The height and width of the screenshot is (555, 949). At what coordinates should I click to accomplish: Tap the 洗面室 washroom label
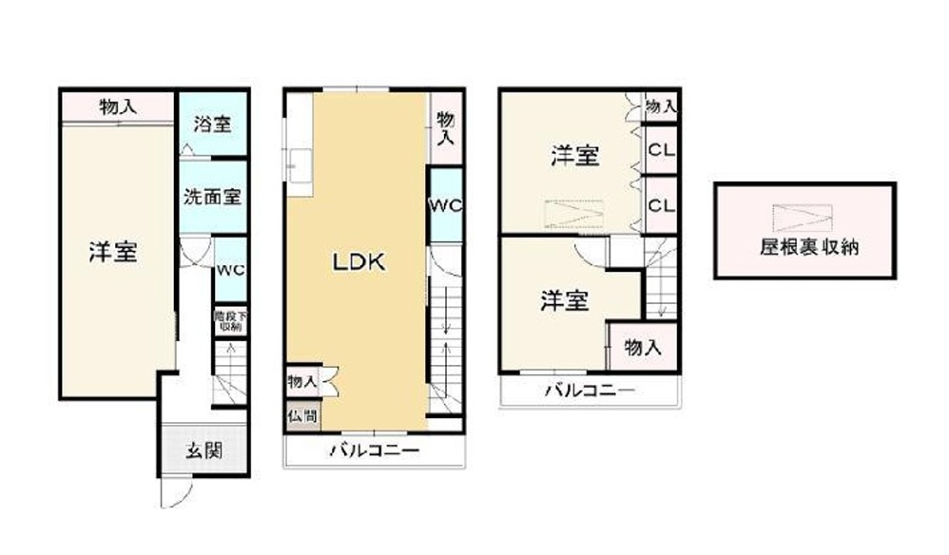tap(212, 198)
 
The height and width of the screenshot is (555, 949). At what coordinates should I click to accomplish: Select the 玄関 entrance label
tap(204, 450)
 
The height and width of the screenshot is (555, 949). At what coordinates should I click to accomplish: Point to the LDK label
tap(358, 262)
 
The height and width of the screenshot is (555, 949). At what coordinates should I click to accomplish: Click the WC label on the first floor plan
tap(229, 269)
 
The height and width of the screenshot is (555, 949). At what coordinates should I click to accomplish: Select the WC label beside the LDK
tap(444, 206)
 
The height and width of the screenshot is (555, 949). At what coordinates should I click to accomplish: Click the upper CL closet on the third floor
tap(662, 150)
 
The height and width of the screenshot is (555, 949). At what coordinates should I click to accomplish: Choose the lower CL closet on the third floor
tap(662, 204)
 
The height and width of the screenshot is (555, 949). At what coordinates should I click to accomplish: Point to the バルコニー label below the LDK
tap(374, 450)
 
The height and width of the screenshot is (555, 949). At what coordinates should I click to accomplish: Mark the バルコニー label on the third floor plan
tap(590, 390)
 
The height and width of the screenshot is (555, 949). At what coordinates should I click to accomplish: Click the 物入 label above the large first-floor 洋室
tap(118, 106)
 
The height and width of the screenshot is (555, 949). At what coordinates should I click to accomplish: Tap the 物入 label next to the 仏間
tap(301, 381)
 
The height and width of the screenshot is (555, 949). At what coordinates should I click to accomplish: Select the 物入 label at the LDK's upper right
tap(445, 126)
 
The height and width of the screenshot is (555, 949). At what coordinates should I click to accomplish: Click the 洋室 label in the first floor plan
tap(113, 252)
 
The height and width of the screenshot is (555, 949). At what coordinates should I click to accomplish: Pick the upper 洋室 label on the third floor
tap(575, 157)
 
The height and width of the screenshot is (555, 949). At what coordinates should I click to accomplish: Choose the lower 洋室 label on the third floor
tap(565, 301)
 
